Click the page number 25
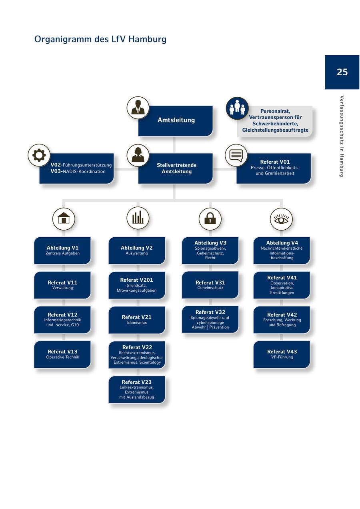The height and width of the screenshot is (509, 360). (x=342, y=72)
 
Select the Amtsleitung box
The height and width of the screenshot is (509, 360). (x=176, y=120)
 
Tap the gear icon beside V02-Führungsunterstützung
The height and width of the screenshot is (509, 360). (x=39, y=155)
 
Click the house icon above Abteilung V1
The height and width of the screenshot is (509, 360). (x=64, y=218)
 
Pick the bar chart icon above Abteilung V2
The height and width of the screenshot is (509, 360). (x=138, y=218)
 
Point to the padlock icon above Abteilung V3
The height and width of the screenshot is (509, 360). (x=210, y=218)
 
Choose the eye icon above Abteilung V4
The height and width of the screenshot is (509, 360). (x=281, y=219)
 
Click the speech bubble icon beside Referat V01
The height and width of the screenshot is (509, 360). (x=236, y=155)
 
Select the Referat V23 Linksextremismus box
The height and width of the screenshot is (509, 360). (x=137, y=389)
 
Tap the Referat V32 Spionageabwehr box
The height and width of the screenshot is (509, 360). (x=210, y=319)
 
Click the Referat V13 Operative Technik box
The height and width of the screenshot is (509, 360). (x=62, y=354)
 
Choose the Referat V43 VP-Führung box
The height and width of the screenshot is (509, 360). (x=282, y=354)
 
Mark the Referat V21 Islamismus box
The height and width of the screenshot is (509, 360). (x=137, y=320)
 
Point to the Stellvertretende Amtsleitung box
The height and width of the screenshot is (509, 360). (x=176, y=168)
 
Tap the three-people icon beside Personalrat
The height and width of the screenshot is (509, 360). (x=237, y=108)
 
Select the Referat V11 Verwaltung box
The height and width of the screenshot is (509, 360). (x=62, y=285)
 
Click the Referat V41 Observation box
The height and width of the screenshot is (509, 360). (x=282, y=285)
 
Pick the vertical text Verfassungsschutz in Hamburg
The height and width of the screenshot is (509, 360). (x=342, y=136)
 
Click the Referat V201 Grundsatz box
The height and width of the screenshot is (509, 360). (x=137, y=285)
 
